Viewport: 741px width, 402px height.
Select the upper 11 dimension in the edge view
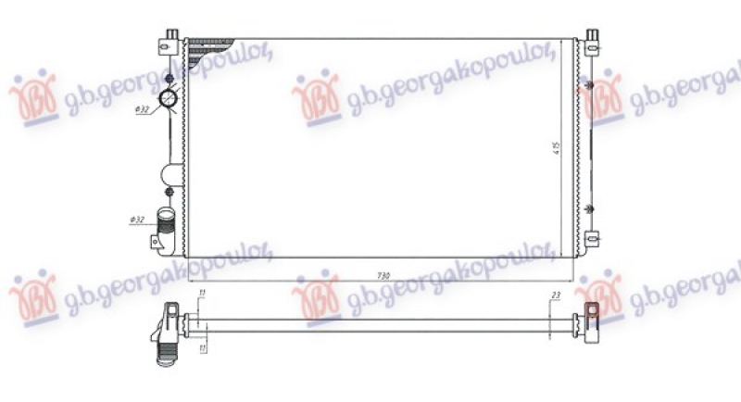click(x=202, y=295)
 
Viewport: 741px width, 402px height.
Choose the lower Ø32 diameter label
click(x=138, y=220)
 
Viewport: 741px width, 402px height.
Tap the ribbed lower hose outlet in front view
click(x=167, y=227)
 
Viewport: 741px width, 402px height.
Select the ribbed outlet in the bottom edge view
click(x=168, y=353)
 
